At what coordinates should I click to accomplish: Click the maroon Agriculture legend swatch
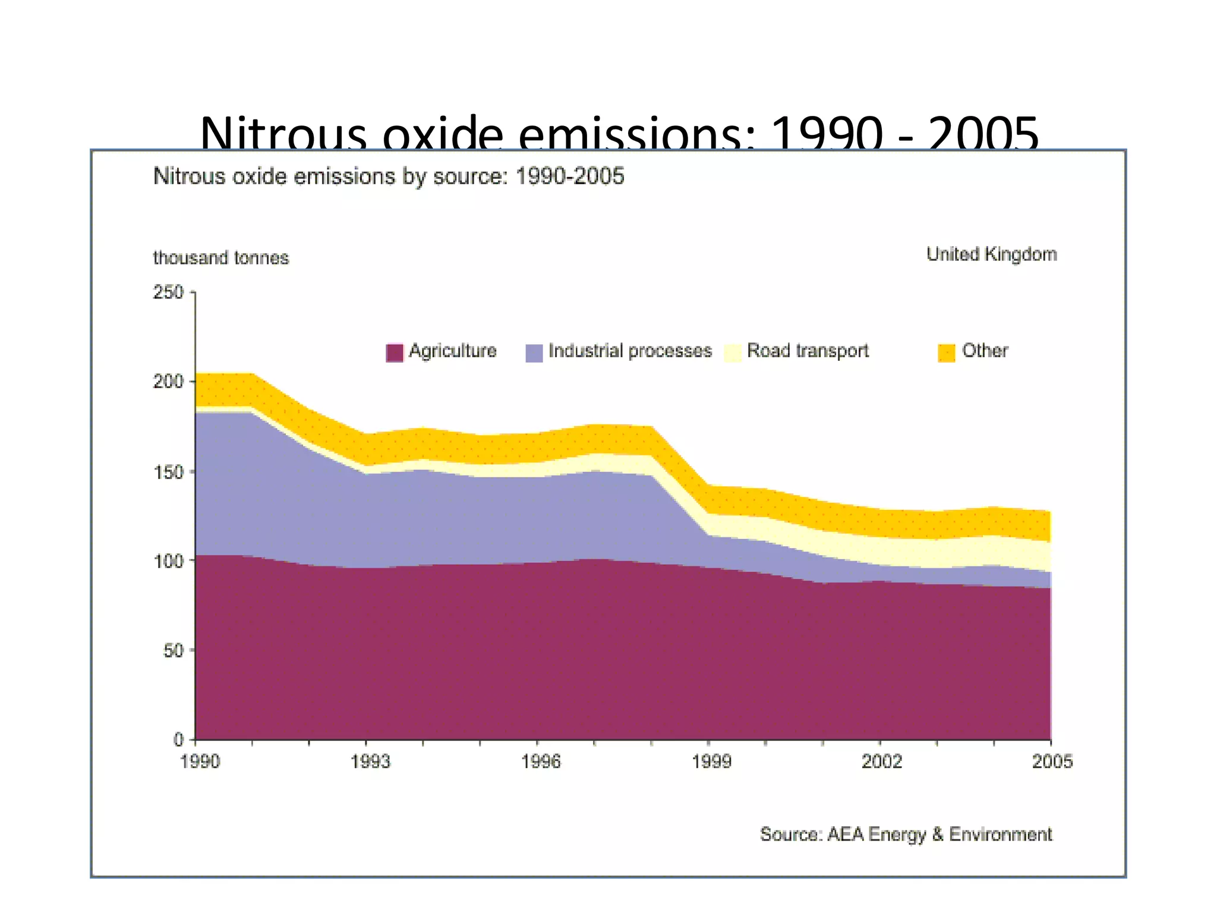coord(395,352)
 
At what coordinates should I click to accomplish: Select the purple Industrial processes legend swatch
coord(534,352)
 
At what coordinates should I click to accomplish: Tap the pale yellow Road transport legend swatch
coord(733,352)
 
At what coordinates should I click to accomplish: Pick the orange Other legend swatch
coord(946,352)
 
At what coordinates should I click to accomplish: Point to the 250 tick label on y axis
coord(168,292)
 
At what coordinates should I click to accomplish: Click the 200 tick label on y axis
coord(168,381)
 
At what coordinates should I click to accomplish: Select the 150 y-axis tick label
coord(168,472)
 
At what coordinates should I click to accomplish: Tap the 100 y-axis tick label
coord(168,561)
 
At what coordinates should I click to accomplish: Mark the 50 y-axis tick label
coord(173,650)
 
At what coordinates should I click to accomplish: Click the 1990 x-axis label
coord(200,761)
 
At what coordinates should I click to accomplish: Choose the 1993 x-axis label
coord(370,761)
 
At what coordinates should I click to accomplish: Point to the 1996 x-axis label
coord(541,761)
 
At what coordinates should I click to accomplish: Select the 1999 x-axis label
coord(711,761)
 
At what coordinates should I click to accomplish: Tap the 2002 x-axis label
coord(882,761)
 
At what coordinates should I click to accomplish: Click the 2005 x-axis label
coord(1052,761)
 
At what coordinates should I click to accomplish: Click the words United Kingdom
coord(991,254)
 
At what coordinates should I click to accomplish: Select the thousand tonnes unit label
coord(220,258)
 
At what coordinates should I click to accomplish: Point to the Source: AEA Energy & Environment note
coord(906,834)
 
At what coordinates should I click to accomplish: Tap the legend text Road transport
coord(808,351)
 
